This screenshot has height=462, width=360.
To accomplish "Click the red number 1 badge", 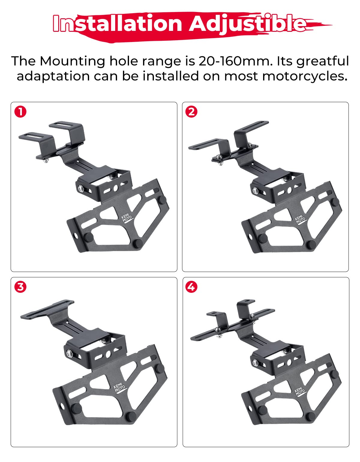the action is tap(20, 112).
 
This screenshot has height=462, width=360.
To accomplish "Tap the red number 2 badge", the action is tap(191, 112).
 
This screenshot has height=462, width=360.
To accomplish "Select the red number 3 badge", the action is tap(20, 287).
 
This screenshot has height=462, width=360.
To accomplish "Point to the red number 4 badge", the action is tap(191, 287).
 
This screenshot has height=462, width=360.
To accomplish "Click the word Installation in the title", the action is tap(117, 23).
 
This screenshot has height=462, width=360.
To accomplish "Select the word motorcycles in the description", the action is tap(303, 76).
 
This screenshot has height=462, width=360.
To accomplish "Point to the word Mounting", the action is tap(72, 61).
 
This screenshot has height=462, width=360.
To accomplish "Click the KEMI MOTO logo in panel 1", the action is tap(127, 219).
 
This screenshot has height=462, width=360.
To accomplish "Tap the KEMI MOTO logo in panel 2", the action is tap(300, 220).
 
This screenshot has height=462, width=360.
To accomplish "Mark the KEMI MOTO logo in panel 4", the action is tap(300, 391).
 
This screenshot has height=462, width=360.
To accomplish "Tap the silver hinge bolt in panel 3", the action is tap(69, 353).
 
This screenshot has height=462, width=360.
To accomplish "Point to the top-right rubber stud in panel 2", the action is tap(335, 202).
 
